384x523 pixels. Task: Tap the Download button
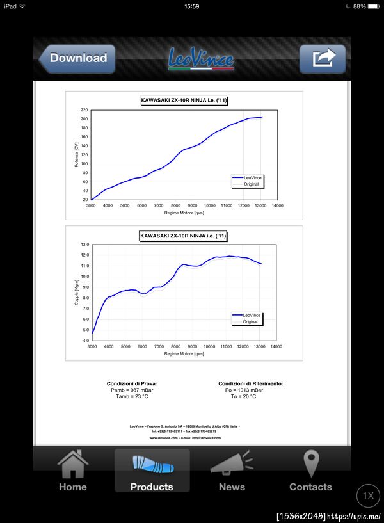pos(77,58)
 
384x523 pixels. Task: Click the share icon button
pos(323,59)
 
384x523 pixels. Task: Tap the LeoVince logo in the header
pos(201,59)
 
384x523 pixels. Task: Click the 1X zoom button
pos(368,495)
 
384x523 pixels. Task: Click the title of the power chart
pos(184,101)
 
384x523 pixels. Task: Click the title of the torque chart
pos(184,236)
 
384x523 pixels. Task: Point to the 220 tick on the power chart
pos(84,110)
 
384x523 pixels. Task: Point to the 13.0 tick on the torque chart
pos(84,245)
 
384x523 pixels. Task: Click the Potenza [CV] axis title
pos(76,155)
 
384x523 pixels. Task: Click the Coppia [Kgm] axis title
pos(76,293)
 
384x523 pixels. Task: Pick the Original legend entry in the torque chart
pos(250,321)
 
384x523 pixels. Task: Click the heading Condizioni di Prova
pos(132,383)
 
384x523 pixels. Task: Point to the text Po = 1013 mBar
pos(243,390)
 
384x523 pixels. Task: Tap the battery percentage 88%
pos(359,6)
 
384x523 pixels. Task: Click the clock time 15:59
pos(191,6)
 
